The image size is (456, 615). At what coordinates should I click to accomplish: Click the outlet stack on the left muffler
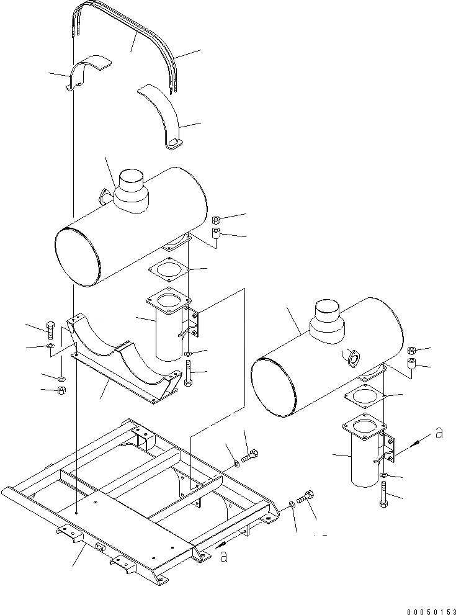point(132,190)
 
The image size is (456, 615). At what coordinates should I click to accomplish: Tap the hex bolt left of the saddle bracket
point(50,329)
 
